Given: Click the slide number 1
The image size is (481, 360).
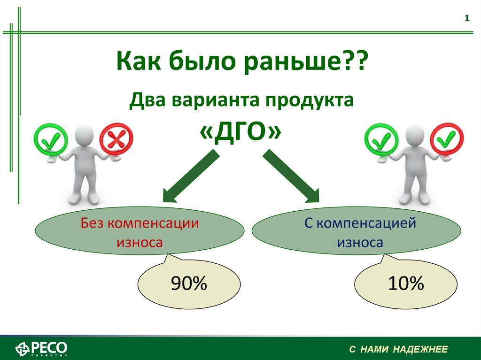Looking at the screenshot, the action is [x=467, y=18].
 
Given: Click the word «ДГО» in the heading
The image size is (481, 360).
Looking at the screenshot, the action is [x=240, y=132].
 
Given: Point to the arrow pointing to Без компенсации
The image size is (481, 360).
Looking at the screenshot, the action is [x=191, y=176].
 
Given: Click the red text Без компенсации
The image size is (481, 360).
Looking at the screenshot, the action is [x=140, y=223].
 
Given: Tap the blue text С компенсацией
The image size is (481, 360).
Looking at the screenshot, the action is [x=360, y=223].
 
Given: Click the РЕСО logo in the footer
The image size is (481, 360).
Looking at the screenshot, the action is [x=41, y=349].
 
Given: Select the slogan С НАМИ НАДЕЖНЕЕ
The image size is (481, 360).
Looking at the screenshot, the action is [x=398, y=349].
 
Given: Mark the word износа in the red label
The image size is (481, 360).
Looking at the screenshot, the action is [x=140, y=242].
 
